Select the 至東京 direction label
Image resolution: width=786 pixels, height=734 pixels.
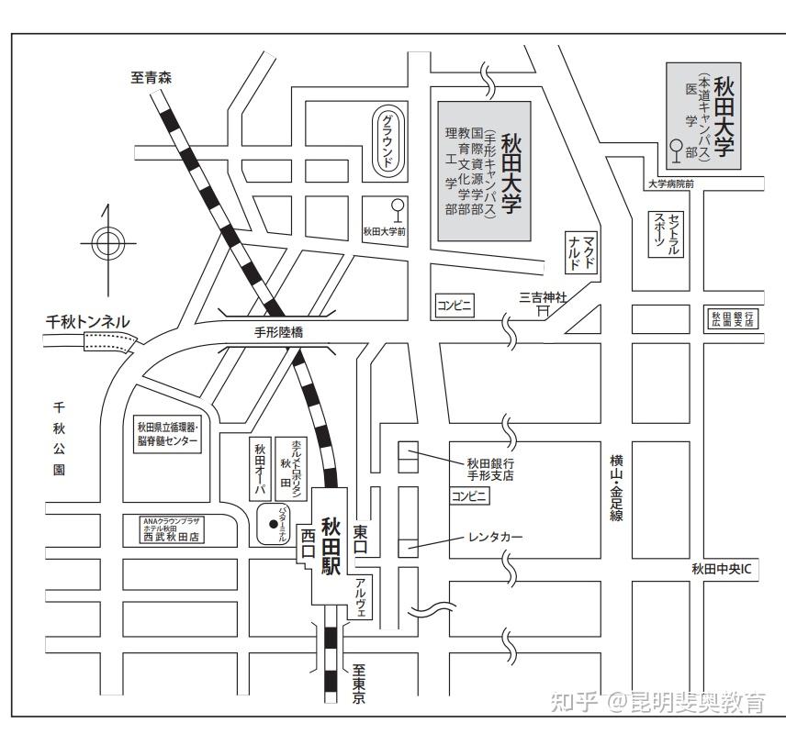coord(358,684)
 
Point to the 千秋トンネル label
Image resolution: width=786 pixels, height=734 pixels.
coord(88,322)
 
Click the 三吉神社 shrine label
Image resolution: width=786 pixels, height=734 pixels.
coord(544,297)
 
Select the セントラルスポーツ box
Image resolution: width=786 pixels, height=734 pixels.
coord(668,235)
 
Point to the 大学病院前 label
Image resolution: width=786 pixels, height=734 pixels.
coord(671,183)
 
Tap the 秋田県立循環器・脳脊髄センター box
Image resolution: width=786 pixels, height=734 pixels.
coord(167,434)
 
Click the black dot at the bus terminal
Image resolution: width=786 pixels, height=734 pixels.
coord(273,524)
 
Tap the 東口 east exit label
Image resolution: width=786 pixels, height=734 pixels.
coord(360,538)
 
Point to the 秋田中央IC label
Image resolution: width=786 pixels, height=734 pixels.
coord(722,570)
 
